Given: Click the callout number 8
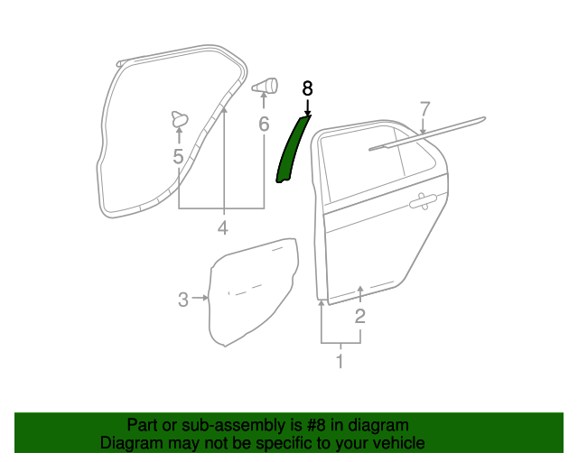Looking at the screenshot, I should [x=307, y=88].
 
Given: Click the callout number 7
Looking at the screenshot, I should [x=424, y=109].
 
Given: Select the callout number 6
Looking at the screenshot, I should [x=264, y=125].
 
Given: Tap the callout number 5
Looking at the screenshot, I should [x=178, y=157].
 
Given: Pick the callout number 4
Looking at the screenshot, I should [x=222, y=227].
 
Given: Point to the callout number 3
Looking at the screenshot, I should [x=182, y=299].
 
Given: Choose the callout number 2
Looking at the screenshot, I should [x=360, y=316].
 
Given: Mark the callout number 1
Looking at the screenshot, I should [x=340, y=362].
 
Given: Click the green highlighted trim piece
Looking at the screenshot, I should [x=291, y=149].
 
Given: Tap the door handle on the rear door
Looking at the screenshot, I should [x=424, y=203].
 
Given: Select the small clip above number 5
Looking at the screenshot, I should [x=179, y=117].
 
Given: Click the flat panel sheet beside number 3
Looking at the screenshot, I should [x=253, y=289].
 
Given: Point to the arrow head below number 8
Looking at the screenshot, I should [x=307, y=111].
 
